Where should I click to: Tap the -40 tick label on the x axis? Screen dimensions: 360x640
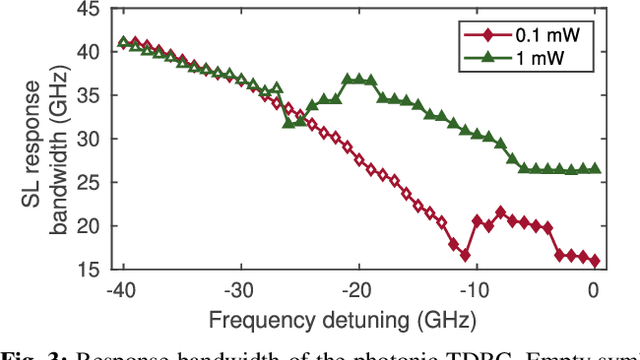(x=122, y=289)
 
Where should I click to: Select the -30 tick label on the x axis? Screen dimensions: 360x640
(x=240, y=289)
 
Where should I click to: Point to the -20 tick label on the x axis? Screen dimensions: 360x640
(x=357, y=289)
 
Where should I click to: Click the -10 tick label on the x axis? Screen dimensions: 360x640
(x=475, y=289)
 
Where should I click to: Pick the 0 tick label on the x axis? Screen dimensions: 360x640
(x=595, y=289)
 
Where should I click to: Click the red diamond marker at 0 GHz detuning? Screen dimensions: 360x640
(x=595, y=261)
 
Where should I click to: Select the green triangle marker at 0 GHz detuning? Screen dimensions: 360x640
(x=595, y=169)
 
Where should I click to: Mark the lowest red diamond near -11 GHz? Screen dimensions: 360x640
(x=465, y=256)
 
